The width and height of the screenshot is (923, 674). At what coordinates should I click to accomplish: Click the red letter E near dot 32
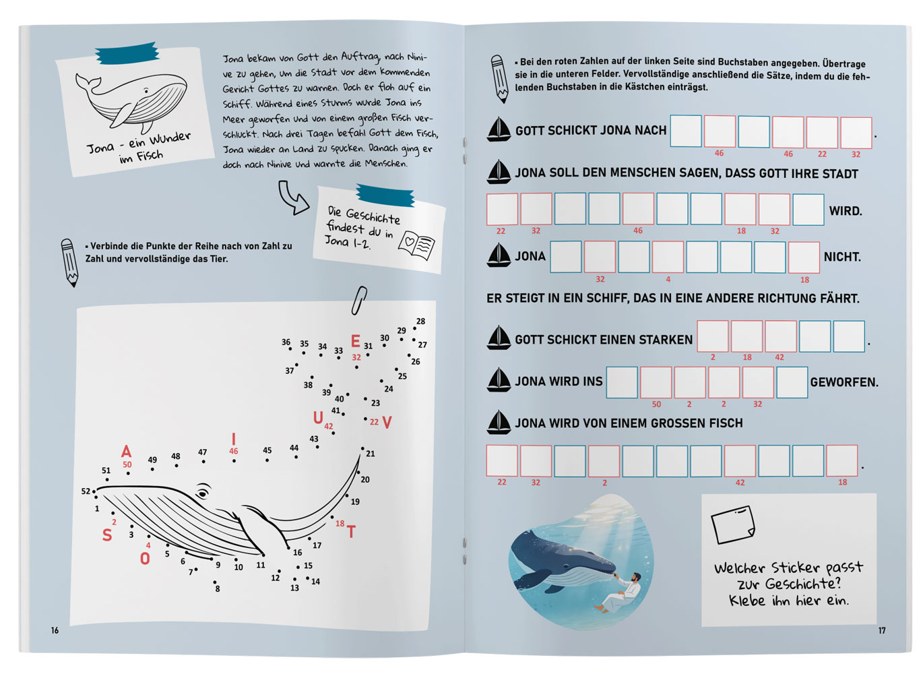[356, 341]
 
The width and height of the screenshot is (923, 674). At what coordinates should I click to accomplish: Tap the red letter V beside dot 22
[387, 423]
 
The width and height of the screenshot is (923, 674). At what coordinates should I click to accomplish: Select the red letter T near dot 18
[351, 532]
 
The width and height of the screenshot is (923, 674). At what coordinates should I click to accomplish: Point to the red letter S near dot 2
[107, 535]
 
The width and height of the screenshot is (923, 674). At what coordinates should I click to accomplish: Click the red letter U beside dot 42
[318, 418]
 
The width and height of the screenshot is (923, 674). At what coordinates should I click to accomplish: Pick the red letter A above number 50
[126, 452]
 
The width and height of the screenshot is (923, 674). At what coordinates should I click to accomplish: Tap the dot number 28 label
[420, 321]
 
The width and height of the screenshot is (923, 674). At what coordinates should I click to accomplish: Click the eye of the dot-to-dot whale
[202, 493]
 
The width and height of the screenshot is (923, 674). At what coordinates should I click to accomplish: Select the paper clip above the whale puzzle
[359, 301]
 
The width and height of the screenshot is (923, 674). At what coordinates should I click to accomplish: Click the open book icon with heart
[416, 246]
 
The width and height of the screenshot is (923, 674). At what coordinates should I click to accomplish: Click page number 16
[55, 630]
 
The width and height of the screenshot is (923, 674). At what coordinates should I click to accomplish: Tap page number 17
[882, 630]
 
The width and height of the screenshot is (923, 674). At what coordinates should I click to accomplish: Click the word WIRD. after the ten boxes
[846, 211]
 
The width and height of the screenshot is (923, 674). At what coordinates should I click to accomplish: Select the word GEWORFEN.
[844, 382]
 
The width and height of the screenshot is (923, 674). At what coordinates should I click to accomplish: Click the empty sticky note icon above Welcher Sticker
[733, 524]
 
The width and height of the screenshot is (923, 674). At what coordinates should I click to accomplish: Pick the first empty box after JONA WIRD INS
[622, 382]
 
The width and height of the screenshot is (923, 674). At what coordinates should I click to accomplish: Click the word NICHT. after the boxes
[842, 257]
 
